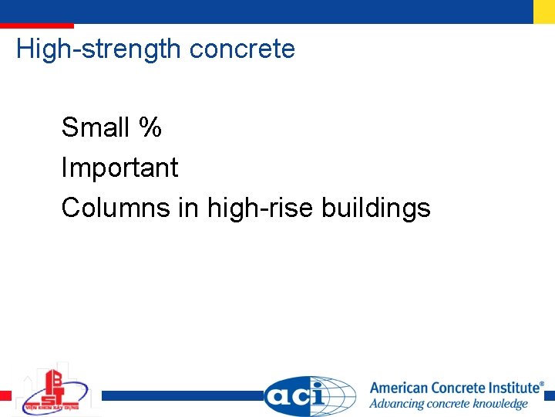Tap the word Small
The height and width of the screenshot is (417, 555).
click(96, 127)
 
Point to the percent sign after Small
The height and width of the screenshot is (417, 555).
click(150, 127)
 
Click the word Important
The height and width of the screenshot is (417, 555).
click(119, 168)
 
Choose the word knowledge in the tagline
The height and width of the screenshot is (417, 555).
click(499, 404)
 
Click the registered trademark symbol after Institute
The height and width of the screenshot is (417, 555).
click(541, 383)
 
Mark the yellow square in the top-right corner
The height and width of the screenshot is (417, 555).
click(543, 12)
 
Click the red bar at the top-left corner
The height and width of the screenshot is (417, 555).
click(37, 26)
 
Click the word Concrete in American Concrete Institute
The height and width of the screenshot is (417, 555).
click(459, 388)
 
